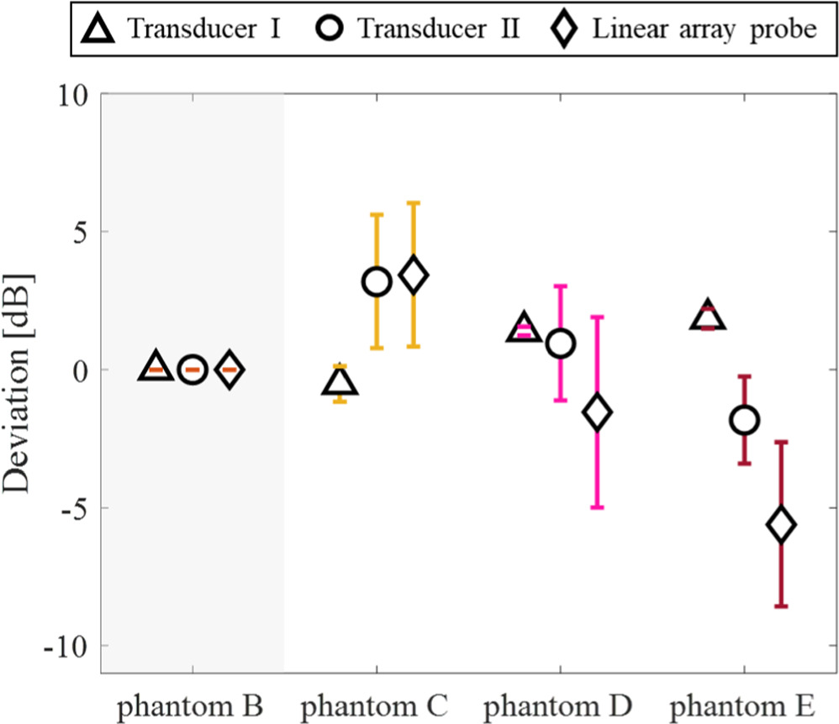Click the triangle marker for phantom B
156,367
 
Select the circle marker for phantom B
193,370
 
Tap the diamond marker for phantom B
230,370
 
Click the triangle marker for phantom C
340,382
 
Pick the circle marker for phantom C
377,282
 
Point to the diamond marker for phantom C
414,275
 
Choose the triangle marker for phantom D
524,328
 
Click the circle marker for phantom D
560,343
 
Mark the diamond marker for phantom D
597,412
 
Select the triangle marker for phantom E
707,316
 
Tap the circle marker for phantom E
744,420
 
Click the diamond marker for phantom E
781,525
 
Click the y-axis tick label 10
71,94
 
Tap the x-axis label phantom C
376,702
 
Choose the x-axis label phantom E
744,702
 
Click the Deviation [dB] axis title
18,383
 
